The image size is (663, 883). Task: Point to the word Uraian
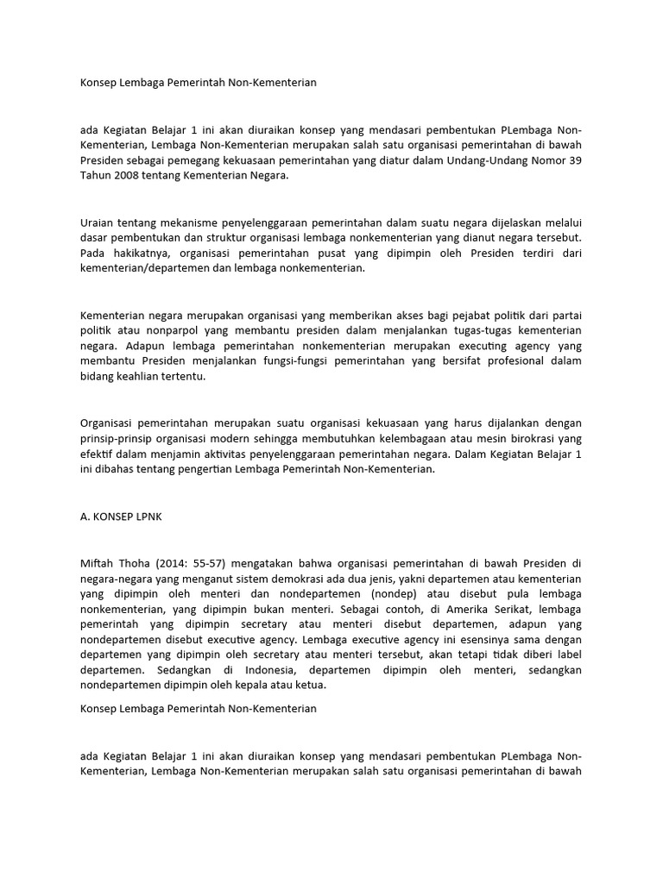97,222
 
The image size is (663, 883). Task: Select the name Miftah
98,563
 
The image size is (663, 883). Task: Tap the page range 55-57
193,563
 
